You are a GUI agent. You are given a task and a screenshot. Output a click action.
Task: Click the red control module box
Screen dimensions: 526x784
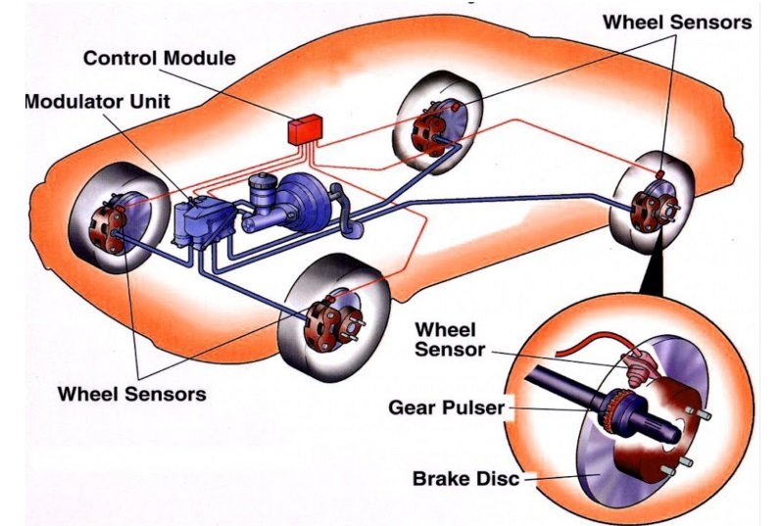pyautogui.click(x=305, y=128)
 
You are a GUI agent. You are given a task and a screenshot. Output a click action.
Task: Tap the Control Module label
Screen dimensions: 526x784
pyautogui.click(x=159, y=58)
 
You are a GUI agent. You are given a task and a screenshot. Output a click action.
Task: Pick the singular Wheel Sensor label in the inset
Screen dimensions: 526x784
pyautogui.click(x=450, y=337)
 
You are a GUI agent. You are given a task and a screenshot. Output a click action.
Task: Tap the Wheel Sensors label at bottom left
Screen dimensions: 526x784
pyautogui.click(x=132, y=395)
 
